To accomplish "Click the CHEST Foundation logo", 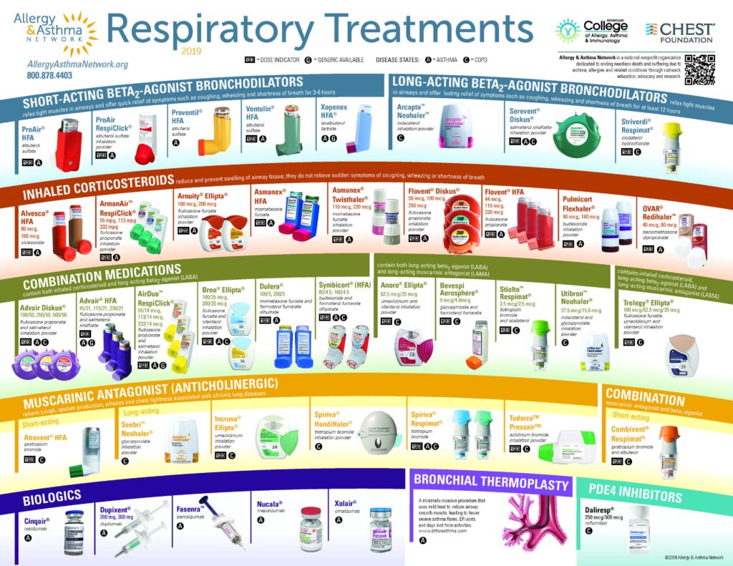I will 680,30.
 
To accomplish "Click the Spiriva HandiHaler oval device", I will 377,433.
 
